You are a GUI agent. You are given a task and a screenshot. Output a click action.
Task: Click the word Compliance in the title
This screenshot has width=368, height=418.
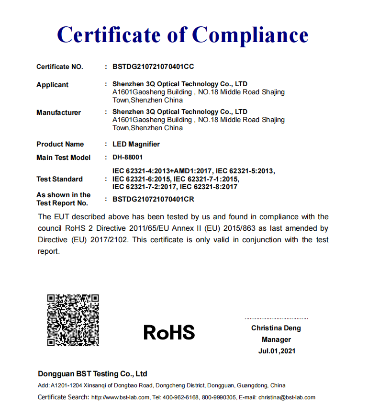coord(250,34)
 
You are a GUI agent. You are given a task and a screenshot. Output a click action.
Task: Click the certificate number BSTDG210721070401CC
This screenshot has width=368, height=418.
coord(153,67)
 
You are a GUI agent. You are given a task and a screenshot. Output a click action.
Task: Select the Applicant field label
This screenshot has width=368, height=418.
coord(52,85)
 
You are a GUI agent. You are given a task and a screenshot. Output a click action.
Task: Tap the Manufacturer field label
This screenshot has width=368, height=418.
coord(58,113)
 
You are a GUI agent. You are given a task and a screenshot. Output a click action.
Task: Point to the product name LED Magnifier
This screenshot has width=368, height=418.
coord(136,144)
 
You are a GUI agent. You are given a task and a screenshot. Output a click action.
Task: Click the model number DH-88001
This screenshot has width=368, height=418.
coord(127,157)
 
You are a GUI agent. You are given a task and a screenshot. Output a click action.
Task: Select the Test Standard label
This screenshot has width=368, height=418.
coord(59,179)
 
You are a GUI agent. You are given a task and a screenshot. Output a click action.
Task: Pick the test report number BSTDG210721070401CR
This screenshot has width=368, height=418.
coord(153,199)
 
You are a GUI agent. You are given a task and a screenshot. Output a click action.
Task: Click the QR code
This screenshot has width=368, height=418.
coord(73,320)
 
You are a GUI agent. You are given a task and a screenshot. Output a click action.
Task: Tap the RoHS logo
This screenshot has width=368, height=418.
coord(169,332)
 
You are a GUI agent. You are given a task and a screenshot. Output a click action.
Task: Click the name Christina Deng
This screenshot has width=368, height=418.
coord(276,328)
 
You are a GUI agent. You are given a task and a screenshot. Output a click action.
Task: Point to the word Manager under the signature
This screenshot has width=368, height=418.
coord(276,339)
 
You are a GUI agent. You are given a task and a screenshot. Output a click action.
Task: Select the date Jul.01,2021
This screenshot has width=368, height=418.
coord(276,351)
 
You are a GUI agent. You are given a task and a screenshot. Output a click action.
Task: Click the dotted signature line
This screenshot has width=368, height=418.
coord(276,318)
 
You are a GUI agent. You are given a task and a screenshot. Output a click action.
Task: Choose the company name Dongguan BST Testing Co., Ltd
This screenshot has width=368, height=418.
coord(92,373)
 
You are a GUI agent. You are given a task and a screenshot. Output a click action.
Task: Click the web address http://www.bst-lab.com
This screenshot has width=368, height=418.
coord(120,397)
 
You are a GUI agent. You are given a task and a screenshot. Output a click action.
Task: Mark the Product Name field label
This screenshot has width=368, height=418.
coord(60,144)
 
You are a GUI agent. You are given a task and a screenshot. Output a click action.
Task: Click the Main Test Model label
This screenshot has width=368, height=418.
coord(63,158)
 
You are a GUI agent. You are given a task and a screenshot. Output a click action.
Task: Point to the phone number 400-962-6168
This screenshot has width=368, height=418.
coord(180,397)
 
